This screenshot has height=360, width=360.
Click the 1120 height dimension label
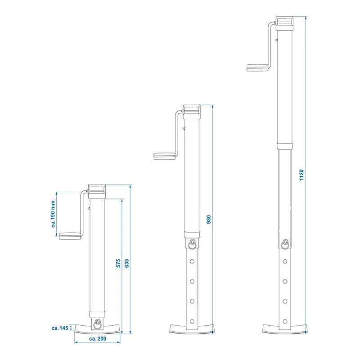point(301,175)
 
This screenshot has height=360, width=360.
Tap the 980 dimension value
point(209,220)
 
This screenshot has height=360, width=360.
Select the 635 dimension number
point(127,263)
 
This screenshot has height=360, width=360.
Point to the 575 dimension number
point(118,263)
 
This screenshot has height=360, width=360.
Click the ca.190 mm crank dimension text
point(53,214)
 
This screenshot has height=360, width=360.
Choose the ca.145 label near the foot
point(60,328)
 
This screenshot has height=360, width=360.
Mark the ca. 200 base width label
point(98,338)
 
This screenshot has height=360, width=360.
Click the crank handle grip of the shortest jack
point(70,236)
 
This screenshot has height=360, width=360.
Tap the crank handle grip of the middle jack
point(165,156)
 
